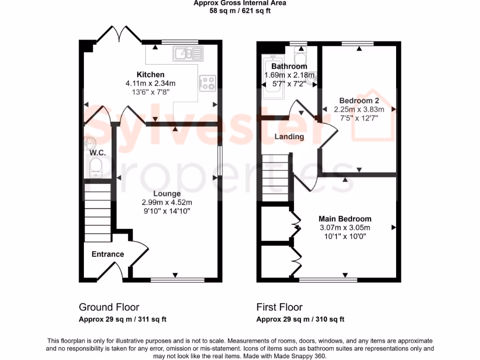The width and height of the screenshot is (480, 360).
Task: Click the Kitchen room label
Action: pos(150,75)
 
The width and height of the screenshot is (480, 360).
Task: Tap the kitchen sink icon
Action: pos(187,54)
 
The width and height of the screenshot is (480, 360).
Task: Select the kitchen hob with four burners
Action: pos(208,83)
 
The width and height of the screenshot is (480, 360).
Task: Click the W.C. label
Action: pos(97,153)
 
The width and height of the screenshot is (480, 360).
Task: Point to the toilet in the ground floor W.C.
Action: pos(96,168)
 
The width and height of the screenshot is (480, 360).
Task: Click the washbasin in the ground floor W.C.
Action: pos(90,142)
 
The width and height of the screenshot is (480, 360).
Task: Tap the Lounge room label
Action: pos(167,194)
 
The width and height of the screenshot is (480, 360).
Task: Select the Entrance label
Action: pos(108,254)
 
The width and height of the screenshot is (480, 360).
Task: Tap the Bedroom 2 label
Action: pos(359,101)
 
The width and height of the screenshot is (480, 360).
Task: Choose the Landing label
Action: pos(289,137)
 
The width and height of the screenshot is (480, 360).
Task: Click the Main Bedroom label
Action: pos(345,219)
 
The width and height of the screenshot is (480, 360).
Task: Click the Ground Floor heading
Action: pos(109,307)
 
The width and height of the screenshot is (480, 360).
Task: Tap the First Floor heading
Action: pos(279,307)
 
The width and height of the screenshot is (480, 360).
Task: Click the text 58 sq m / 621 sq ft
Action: pos(240,11)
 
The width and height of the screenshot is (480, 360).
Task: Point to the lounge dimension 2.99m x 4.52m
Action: pos(167,202)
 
